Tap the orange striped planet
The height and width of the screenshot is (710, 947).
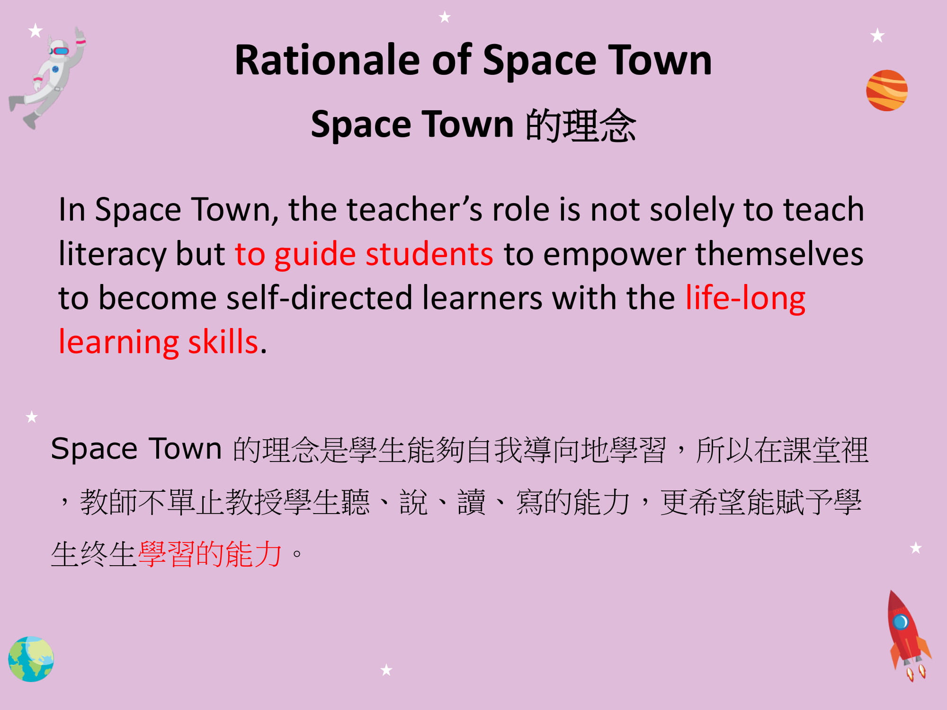(x=887, y=90)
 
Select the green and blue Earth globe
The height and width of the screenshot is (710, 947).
(x=31, y=659)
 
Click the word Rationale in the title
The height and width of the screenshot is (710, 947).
(x=327, y=60)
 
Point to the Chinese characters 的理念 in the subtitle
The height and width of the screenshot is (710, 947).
(x=581, y=125)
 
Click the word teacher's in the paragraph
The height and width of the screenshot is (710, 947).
(x=414, y=209)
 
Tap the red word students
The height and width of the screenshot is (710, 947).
(x=429, y=254)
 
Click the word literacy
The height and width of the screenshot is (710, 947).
(x=112, y=255)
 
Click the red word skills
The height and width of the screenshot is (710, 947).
(x=223, y=342)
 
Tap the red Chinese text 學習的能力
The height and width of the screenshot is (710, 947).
(x=210, y=554)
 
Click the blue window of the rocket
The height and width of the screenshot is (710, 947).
(x=900, y=621)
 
